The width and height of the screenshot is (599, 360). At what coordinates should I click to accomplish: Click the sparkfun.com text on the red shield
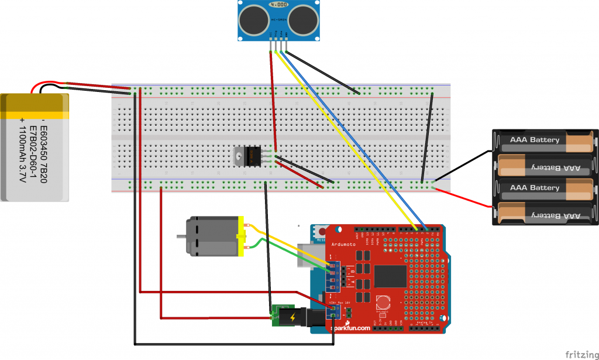click(x=351, y=328)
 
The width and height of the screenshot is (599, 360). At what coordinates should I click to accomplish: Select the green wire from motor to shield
click(x=287, y=255)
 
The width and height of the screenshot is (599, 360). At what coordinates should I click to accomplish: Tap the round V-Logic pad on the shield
click(x=382, y=303)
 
